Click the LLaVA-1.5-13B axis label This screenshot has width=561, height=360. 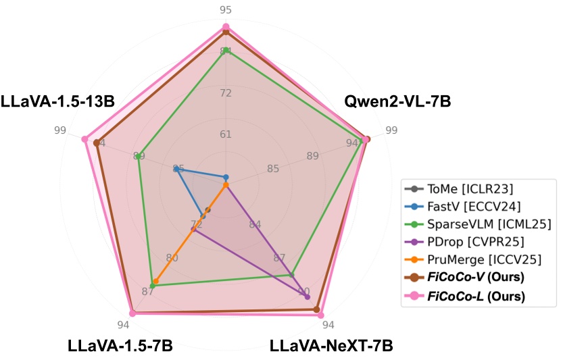click(x=57, y=102)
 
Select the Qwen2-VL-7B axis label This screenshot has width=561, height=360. click(x=397, y=102)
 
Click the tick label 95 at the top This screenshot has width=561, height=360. click(x=226, y=9)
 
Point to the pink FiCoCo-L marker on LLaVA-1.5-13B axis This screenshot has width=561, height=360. click(x=84, y=139)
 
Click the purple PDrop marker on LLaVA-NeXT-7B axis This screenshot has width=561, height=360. click(x=308, y=297)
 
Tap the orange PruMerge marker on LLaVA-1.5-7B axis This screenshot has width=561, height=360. click(x=155, y=281)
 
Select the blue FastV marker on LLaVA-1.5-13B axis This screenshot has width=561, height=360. click(x=175, y=169)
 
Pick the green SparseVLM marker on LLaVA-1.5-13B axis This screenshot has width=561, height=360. click(x=139, y=156)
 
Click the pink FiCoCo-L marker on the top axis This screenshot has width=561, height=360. click(x=226, y=27)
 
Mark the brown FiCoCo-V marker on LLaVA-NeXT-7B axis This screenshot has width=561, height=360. click(x=316, y=309)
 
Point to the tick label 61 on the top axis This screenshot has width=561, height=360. click(x=226, y=134)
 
